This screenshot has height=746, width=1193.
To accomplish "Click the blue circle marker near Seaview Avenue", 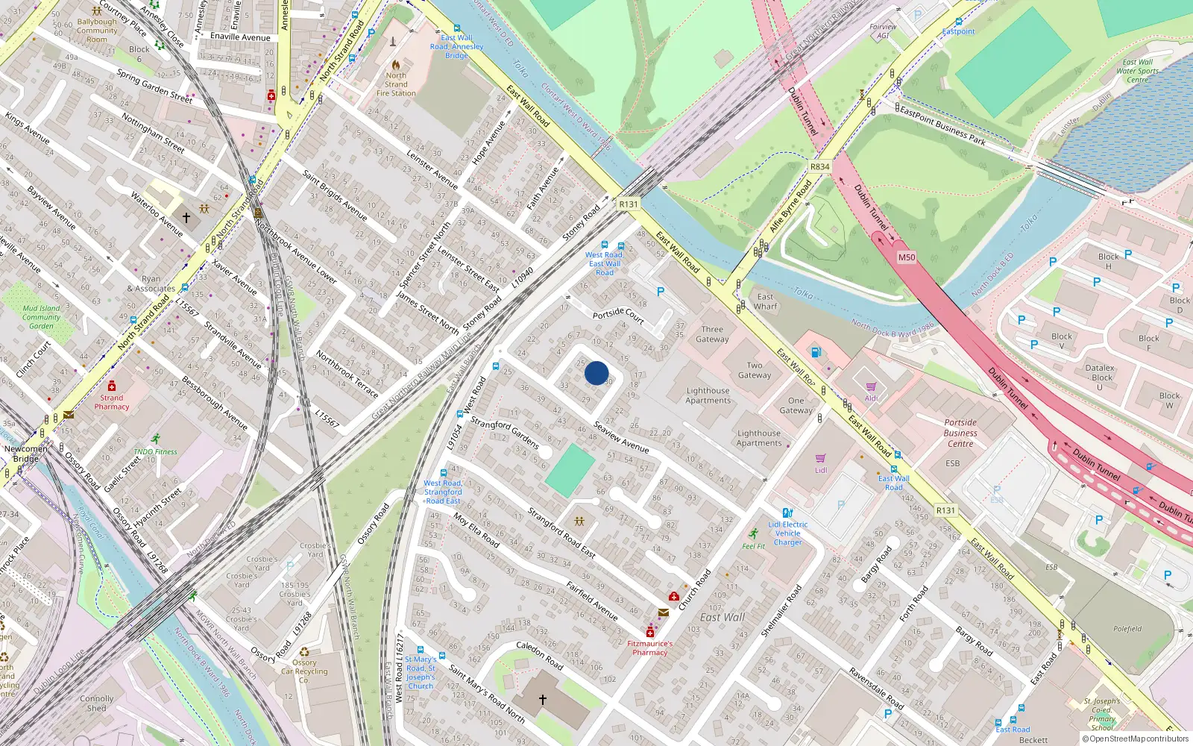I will pos(596,372).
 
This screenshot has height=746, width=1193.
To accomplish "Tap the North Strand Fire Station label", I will pos(396,84).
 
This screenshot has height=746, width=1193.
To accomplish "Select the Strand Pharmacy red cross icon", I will pos(112,386).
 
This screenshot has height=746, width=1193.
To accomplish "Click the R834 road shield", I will pos(819,166).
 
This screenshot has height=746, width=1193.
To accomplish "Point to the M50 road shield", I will pos(906,257).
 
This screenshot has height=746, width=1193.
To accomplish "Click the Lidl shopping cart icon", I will pos(821,458).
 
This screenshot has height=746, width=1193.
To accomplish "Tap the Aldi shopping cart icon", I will pos(871,386).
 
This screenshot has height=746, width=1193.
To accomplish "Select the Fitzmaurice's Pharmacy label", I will pos(649,648).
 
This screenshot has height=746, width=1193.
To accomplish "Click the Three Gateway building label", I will pos(712,334).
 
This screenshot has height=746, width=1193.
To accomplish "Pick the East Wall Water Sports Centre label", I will pos(1137,72).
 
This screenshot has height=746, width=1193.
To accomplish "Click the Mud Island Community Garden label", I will pos(42,317).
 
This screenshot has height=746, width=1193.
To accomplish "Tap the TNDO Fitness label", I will pos(156,451).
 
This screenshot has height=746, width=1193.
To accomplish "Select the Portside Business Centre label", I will pos(960,433).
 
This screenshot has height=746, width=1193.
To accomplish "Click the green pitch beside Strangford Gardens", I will pos(570,469).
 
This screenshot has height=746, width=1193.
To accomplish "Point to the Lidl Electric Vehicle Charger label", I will pos(788,533).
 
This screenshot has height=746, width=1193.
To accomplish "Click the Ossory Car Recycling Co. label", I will pos(304,671).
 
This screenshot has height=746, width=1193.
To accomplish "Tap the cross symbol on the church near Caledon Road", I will pos(543,700).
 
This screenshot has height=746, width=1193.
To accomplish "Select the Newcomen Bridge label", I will pos(25,454).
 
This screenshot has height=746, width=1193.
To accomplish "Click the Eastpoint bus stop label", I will pos(958,31).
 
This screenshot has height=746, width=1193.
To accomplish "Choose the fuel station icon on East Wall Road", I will pos(816,352).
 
